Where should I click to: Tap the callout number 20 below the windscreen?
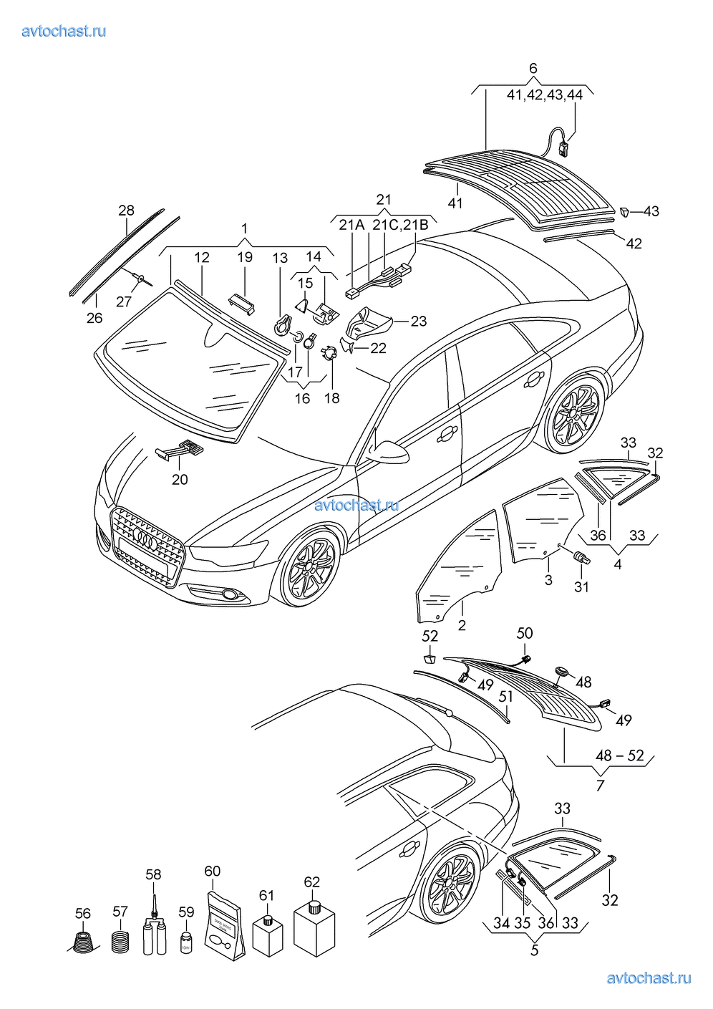click(180, 479)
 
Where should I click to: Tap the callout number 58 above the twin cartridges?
click(153, 874)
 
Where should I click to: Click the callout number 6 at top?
click(533, 69)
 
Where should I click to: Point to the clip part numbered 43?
click(625, 211)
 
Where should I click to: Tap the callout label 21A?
click(351, 225)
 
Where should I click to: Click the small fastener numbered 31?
click(582, 559)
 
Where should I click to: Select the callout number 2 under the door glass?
click(462, 625)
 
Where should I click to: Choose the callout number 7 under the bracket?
click(600, 786)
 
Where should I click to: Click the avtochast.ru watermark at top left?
click(64, 31)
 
